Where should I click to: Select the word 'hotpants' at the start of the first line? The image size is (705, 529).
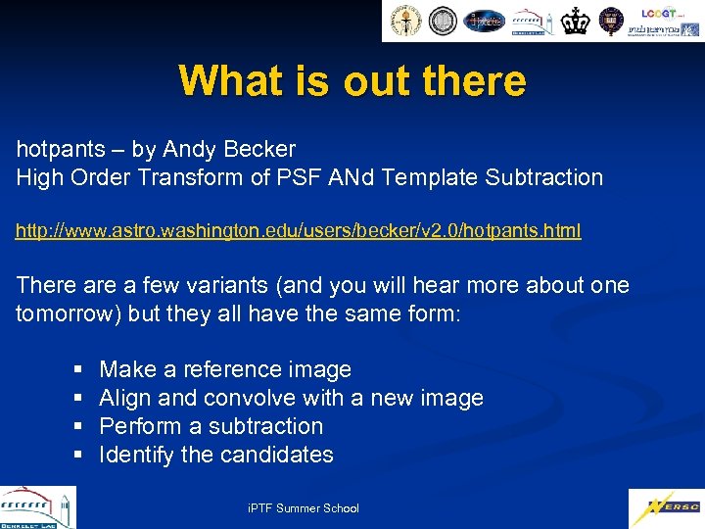61,150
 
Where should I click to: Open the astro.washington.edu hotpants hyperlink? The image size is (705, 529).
298,231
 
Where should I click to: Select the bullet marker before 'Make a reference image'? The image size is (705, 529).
77,370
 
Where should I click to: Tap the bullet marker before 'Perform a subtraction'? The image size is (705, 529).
77,427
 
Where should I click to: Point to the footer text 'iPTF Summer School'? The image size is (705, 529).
305,508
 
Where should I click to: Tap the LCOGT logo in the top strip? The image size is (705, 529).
661,13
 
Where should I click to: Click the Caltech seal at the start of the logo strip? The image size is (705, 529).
406,21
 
